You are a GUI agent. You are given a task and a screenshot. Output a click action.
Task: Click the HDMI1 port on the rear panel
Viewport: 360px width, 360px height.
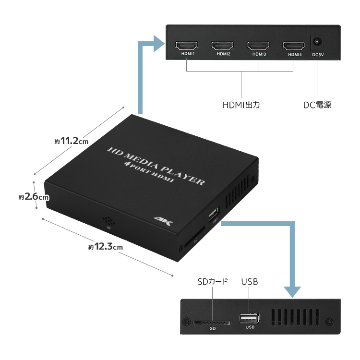click(187, 46)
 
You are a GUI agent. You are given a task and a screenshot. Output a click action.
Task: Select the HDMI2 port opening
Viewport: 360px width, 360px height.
click(223, 46)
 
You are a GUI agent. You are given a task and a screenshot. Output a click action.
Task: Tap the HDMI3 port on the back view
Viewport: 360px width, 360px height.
click(259, 46)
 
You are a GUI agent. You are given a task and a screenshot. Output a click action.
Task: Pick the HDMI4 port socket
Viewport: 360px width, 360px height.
click(294, 46)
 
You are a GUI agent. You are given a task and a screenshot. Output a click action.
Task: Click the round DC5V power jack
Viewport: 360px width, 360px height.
click(317, 42)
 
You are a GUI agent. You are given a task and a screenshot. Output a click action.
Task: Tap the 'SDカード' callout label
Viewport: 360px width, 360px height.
click(212, 282)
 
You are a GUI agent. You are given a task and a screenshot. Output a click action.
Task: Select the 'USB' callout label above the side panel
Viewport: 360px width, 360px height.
click(250, 282)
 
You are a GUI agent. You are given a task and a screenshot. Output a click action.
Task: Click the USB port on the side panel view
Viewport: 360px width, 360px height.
click(250, 319)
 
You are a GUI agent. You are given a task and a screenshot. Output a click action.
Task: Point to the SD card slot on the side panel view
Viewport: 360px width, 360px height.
click(212, 323)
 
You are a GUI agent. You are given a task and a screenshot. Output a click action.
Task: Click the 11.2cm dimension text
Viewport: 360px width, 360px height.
click(72, 141)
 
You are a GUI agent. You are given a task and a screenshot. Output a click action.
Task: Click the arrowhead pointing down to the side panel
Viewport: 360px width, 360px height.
click(292, 291)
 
